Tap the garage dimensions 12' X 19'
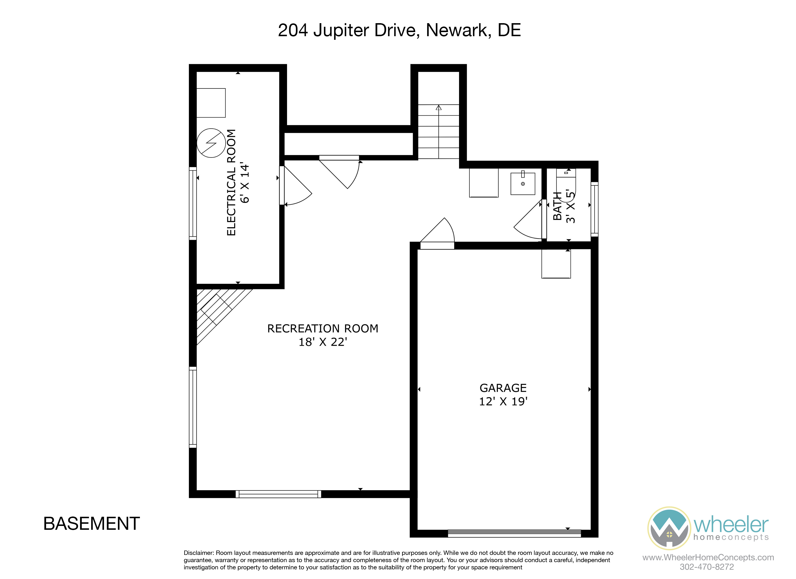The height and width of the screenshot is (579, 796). pyautogui.click(x=503, y=401)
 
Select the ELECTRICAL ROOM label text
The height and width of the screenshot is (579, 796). pyautogui.click(x=231, y=183)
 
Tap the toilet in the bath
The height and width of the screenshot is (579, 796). pyautogui.click(x=566, y=183)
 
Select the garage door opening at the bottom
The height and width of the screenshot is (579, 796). pyautogui.click(x=514, y=533)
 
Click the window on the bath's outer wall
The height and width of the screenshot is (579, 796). pyautogui.click(x=594, y=209)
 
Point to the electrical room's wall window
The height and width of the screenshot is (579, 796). pyautogui.click(x=193, y=204)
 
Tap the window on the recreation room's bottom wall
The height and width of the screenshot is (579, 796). pyautogui.click(x=278, y=494)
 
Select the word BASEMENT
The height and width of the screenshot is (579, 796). pyautogui.click(x=92, y=524)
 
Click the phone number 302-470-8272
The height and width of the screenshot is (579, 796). pyautogui.click(x=707, y=567)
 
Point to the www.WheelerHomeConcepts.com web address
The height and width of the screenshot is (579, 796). pyautogui.click(x=708, y=557)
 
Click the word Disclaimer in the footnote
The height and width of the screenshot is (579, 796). pyautogui.click(x=199, y=553)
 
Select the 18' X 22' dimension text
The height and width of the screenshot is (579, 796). pyautogui.click(x=323, y=342)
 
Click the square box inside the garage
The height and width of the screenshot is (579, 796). pyautogui.click(x=556, y=264)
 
